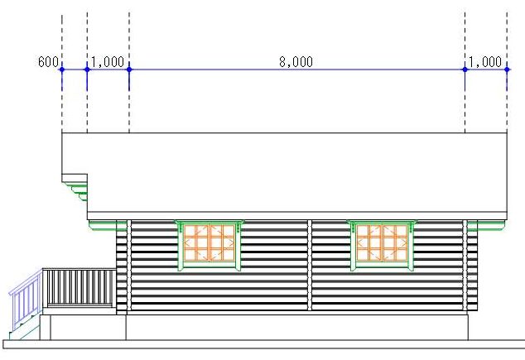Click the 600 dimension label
(48, 63)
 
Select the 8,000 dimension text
(296, 62)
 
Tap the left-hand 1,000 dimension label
(108, 62)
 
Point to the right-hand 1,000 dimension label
(485, 62)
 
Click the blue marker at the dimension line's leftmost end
(62, 70)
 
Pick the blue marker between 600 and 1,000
(87, 70)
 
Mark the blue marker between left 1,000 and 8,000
(129, 70)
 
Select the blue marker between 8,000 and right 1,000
(465, 70)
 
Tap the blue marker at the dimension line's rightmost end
(507, 70)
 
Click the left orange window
(210, 245)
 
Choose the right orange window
(382, 245)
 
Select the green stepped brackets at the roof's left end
(78, 190)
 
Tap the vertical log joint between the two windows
(309, 265)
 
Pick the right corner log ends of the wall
(472, 269)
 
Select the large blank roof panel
(296, 172)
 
